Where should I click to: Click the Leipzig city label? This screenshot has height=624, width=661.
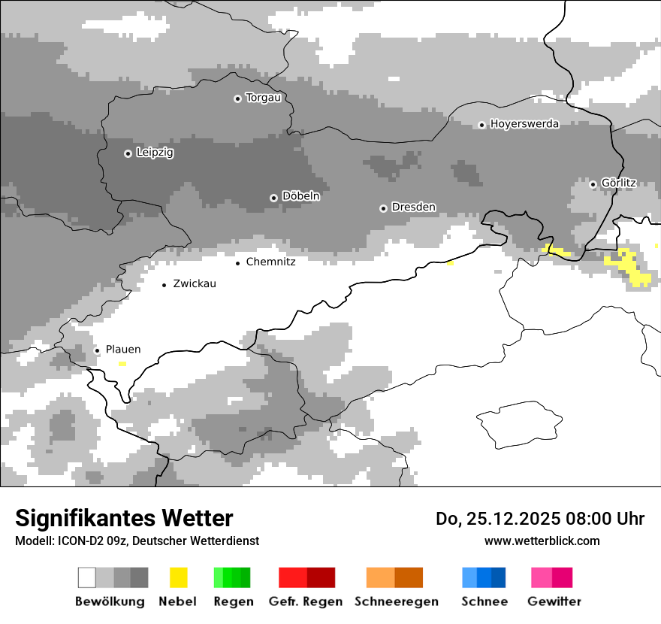(x=155, y=153)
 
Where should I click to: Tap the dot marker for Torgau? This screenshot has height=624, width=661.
(x=237, y=98)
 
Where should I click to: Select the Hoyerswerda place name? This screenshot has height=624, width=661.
(x=524, y=124)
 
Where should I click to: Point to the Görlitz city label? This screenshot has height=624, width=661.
(x=618, y=183)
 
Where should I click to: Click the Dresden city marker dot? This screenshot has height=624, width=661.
(x=383, y=208)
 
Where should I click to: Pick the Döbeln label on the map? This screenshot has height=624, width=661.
(x=300, y=196)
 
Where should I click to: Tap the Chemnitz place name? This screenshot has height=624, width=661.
(x=270, y=262)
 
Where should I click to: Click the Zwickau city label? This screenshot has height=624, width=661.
(x=195, y=284)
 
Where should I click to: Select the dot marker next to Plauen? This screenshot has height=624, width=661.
(x=97, y=350)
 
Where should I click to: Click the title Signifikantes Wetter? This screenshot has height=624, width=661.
(x=124, y=518)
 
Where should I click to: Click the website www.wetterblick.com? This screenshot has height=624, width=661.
(x=542, y=541)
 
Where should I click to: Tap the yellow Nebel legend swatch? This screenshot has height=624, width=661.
(x=178, y=577)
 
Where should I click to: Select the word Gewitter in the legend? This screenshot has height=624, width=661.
(x=554, y=601)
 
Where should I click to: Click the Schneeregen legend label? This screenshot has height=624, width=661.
(x=396, y=601)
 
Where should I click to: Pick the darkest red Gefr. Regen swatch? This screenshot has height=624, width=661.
(x=321, y=577)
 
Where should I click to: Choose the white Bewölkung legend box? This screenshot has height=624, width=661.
(x=87, y=577)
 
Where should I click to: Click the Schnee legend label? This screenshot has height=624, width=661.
(x=484, y=601)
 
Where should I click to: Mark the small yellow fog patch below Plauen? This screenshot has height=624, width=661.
(x=122, y=364)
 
